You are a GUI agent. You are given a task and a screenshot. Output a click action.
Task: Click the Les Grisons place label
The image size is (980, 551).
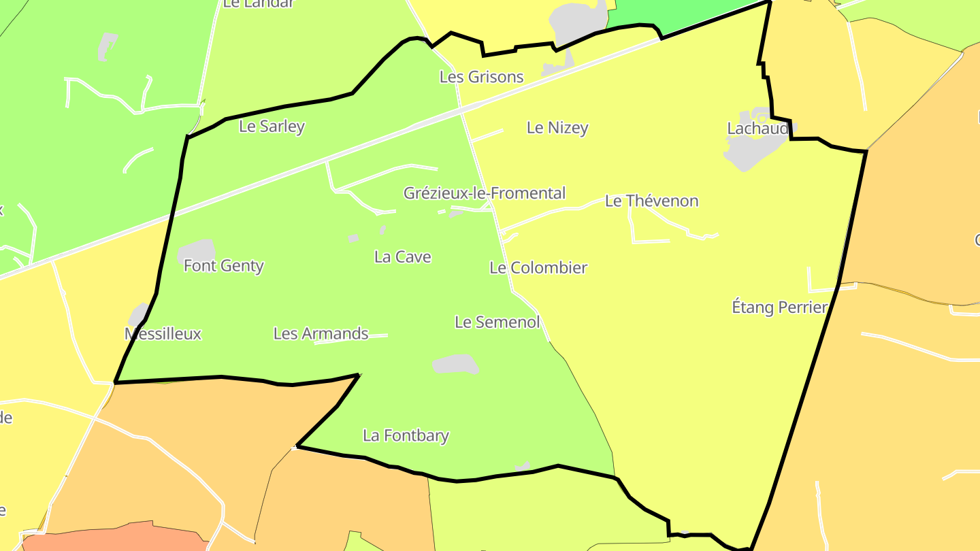(481, 77)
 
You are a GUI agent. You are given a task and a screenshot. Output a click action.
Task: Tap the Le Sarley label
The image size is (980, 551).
(272, 127)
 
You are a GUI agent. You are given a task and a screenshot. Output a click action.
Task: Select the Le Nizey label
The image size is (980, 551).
(557, 128)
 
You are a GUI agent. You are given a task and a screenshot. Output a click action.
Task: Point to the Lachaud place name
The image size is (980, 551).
(757, 129)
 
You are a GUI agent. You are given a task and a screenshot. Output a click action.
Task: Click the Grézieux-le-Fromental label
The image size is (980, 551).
(484, 193)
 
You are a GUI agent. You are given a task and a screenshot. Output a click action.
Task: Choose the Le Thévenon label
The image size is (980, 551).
(651, 201)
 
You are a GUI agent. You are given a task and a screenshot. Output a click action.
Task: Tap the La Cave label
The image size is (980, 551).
(402, 257)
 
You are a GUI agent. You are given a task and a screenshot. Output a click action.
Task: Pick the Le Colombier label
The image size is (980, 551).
(538, 268)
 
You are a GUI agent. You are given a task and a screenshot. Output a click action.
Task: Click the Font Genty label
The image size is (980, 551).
(223, 266)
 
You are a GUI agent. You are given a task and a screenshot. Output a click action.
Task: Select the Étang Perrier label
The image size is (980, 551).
(779, 307)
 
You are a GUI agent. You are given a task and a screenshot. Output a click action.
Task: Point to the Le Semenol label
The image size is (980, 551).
(497, 322)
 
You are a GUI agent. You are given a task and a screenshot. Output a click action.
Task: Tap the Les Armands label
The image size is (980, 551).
(321, 334)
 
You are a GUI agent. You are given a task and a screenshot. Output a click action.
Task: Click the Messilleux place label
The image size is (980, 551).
(163, 334)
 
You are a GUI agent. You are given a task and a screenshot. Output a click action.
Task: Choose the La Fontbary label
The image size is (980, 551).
(406, 435)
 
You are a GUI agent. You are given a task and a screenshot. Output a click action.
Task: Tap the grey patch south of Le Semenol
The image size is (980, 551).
(455, 365)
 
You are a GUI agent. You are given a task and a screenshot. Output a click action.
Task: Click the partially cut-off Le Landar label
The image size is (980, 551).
(258, 3)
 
